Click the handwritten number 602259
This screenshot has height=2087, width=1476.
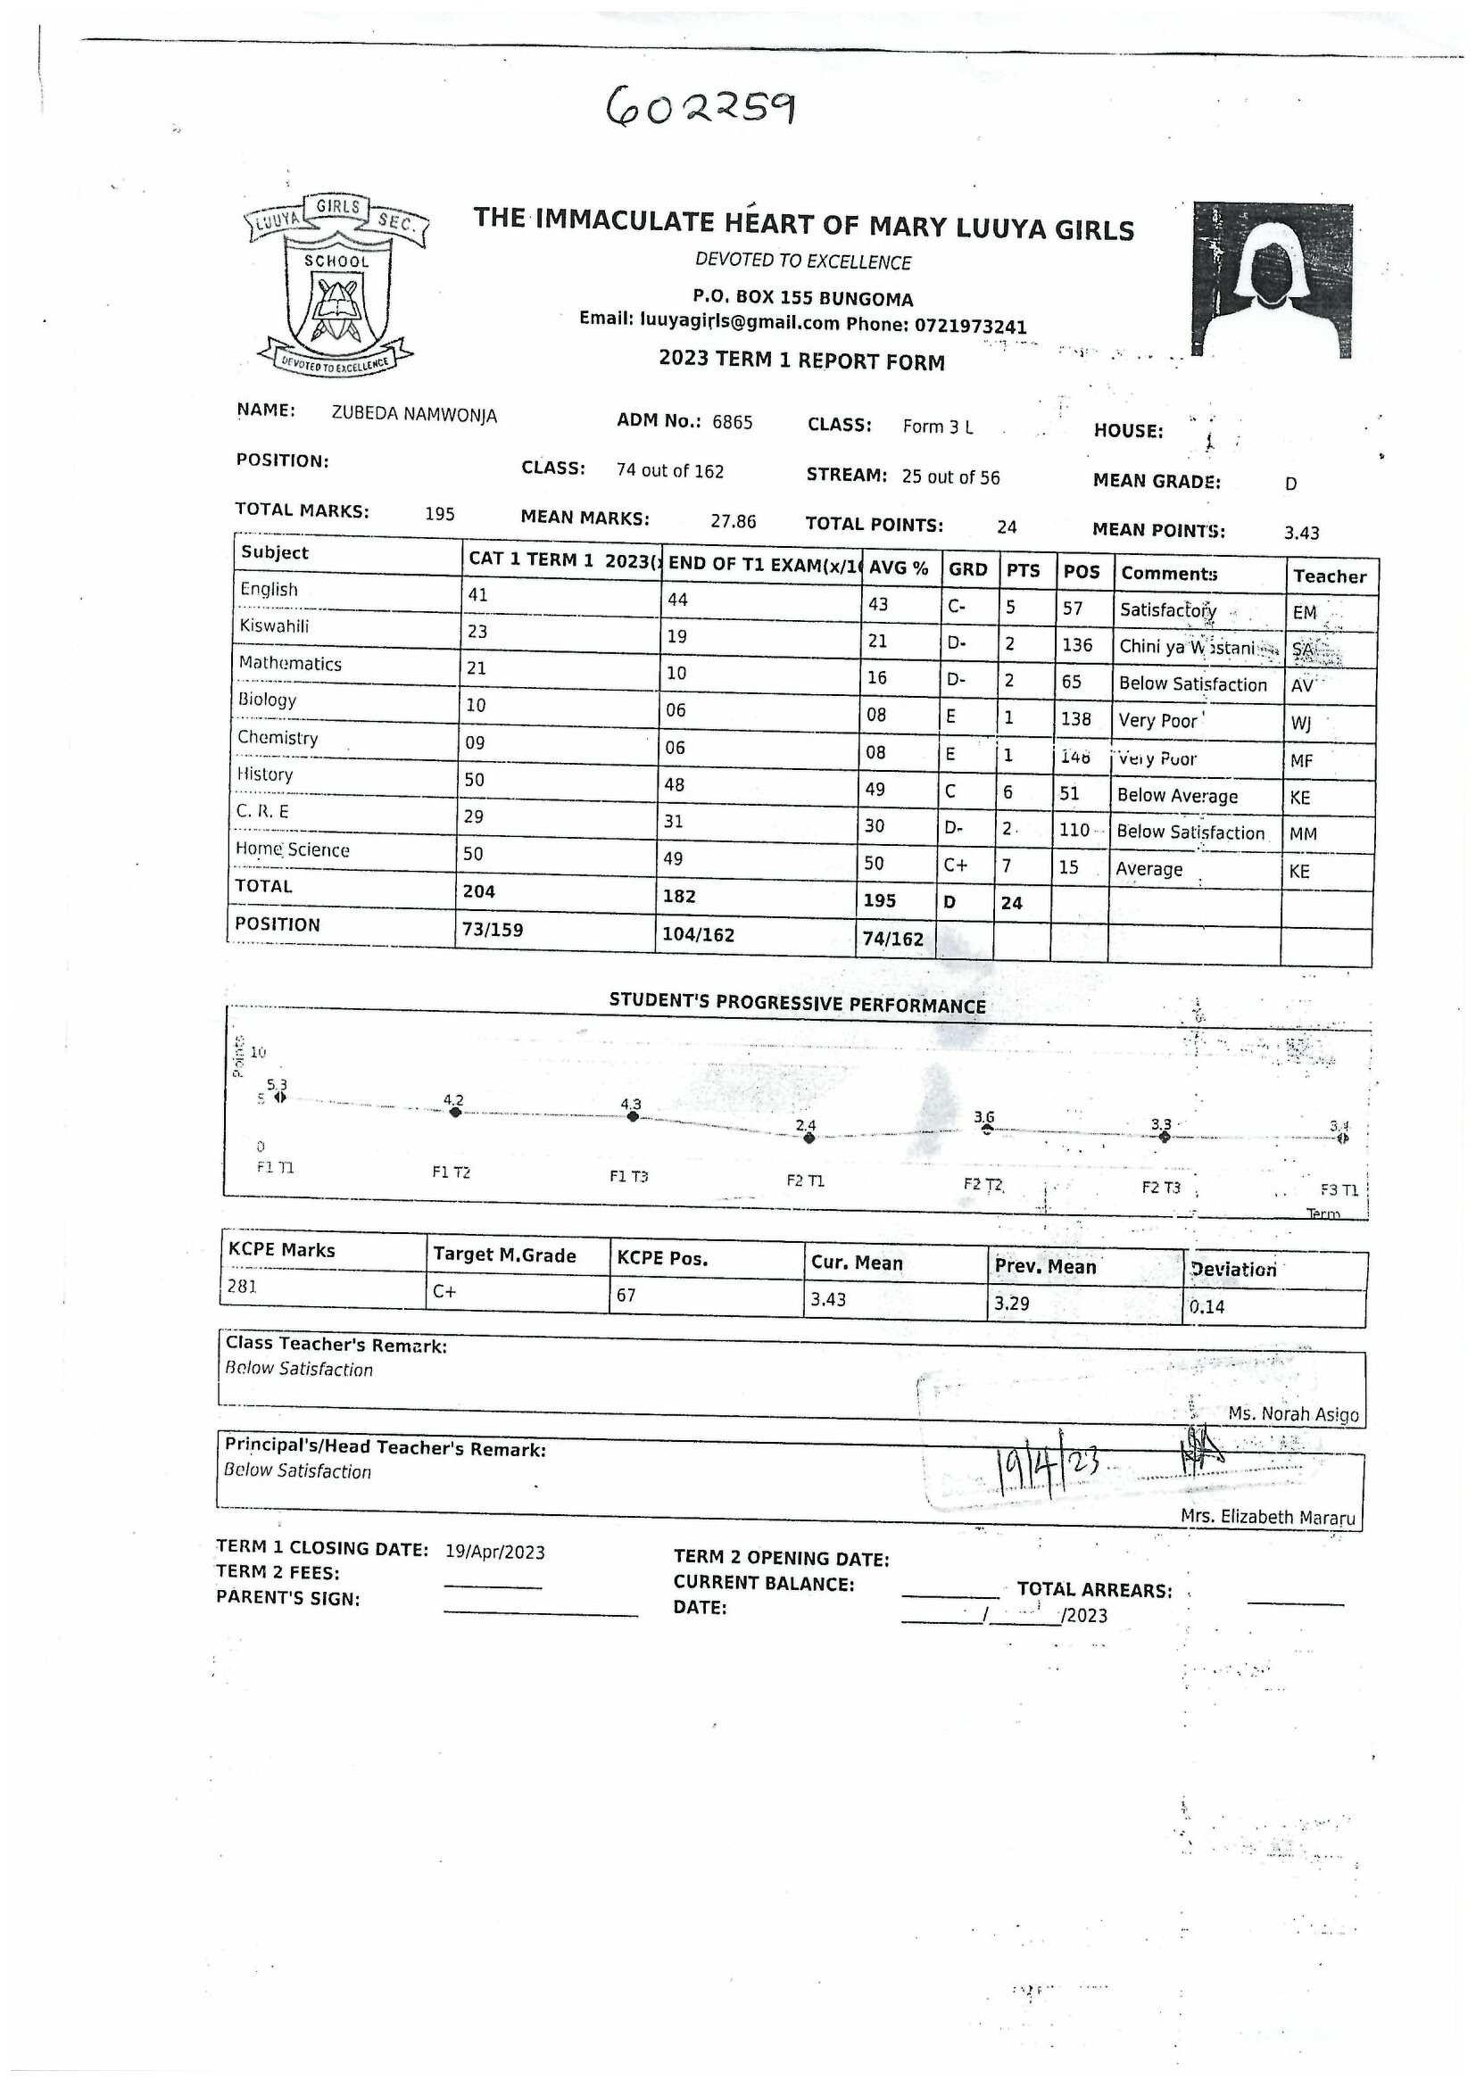click(701, 105)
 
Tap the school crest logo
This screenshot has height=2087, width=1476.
click(337, 285)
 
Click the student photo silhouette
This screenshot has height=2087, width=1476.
click(1272, 280)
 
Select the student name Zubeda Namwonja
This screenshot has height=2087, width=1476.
click(413, 416)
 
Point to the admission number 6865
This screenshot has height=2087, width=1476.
click(732, 423)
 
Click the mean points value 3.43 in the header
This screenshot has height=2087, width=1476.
click(1300, 534)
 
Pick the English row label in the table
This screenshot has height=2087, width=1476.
click(269, 589)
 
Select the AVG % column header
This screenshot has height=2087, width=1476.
click(898, 569)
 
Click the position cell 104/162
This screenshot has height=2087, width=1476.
click(698, 934)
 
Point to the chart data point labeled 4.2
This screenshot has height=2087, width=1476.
click(455, 1113)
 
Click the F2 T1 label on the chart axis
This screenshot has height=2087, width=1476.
click(805, 1180)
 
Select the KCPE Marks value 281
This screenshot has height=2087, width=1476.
click(243, 1287)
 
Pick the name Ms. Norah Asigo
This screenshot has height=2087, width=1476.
click(1292, 1414)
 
